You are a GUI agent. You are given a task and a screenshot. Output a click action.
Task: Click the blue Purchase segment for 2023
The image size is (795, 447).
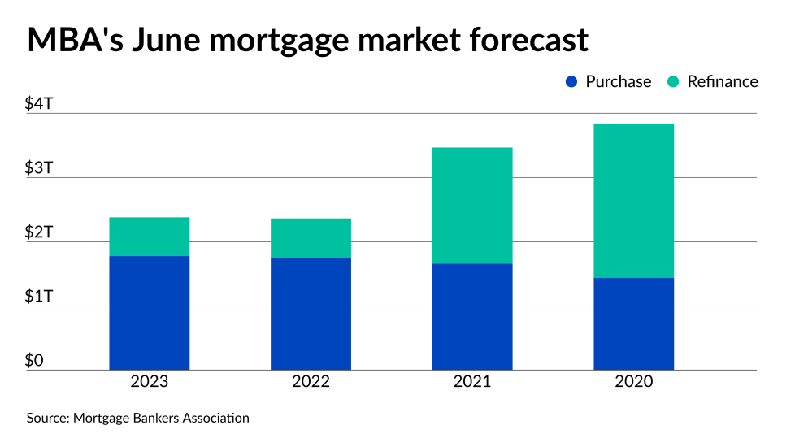point(149,313)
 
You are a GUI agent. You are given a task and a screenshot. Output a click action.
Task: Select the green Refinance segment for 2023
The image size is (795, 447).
point(149,237)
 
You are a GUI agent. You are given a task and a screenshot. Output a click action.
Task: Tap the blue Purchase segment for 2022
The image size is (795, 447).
point(311,314)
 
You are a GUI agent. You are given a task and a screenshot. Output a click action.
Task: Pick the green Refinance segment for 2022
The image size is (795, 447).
point(311,238)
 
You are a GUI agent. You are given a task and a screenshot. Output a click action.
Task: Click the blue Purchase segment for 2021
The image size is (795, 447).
point(472,317)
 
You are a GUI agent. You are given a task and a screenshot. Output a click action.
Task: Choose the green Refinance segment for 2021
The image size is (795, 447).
point(472,206)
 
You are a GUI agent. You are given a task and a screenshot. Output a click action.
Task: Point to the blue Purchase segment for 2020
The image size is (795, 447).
point(633,324)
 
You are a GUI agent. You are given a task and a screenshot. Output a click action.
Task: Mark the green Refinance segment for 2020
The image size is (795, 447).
point(633,201)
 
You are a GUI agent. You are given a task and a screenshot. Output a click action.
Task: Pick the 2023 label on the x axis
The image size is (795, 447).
point(149,382)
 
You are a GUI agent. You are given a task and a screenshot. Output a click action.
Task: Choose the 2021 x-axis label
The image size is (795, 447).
point(472,382)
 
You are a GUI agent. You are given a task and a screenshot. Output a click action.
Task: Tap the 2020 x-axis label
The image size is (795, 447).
point(633,382)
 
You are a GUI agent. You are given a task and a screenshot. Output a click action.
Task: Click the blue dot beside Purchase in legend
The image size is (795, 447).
point(571,81)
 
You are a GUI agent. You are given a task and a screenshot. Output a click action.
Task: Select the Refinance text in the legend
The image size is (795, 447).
point(722,81)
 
